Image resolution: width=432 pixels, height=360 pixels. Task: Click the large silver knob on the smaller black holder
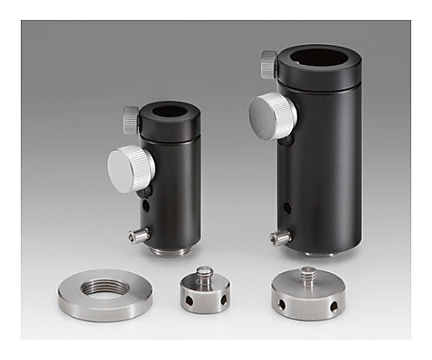pyautogui.click(x=131, y=167)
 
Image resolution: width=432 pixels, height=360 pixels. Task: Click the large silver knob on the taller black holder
pyautogui.click(x=272, y=113)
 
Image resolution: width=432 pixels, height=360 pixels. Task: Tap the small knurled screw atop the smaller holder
pyautogui.click(x=130, y=119)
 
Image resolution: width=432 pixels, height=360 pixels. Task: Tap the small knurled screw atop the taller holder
pyautogui.click(x=269, y=65)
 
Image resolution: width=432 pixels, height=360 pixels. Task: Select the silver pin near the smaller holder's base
pyautogui.click(x=137, y=235)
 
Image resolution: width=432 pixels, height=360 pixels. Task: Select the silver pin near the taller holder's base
pyautogui.click(x=279, y=237)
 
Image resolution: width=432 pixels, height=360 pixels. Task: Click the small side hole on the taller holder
pyautogui.click(x=288, y=208)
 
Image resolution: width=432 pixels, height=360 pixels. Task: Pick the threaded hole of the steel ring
pyautogui.click(x=105, y=287)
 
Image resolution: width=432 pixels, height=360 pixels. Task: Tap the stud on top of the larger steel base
pyautogui.click(x=308, y=276)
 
